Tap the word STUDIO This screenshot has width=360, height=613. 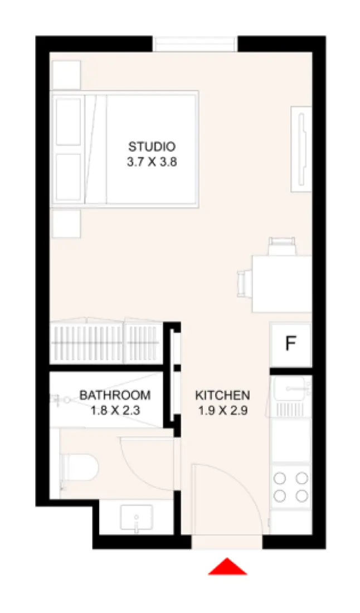(x=152, y=147)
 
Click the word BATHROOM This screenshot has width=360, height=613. (x=115, y=395)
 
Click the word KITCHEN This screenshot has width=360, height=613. (x=222, y=395)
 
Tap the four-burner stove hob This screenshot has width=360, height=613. (x=291, y=486)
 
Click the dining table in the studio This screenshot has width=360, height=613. (x=281, y=283)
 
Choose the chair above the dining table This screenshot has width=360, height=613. (x=281, y=245)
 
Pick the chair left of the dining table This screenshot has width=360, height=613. (x=244, y=283)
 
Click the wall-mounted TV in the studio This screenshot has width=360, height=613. (x=301, y=148)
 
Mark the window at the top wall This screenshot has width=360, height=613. (x=195, y=43)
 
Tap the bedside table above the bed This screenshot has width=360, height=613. (x=66, y=75)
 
